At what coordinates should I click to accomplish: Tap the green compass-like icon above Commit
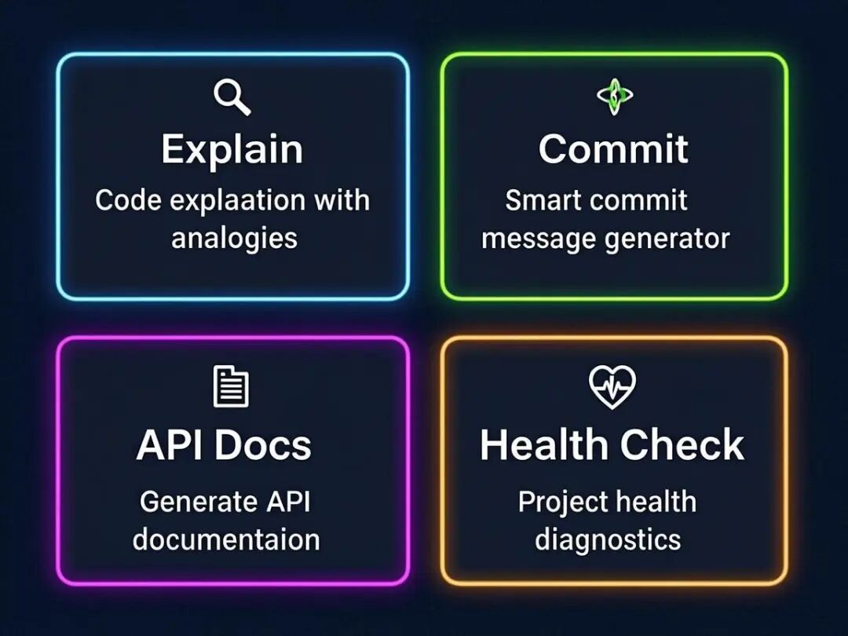615,96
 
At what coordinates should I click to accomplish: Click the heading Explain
232,149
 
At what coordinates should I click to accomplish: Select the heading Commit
613,149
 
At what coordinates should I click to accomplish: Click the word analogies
234,237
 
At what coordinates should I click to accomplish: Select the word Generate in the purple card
198,502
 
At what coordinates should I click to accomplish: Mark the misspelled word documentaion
226,540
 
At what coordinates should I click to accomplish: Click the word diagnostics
608,540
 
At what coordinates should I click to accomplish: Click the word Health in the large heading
539,445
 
